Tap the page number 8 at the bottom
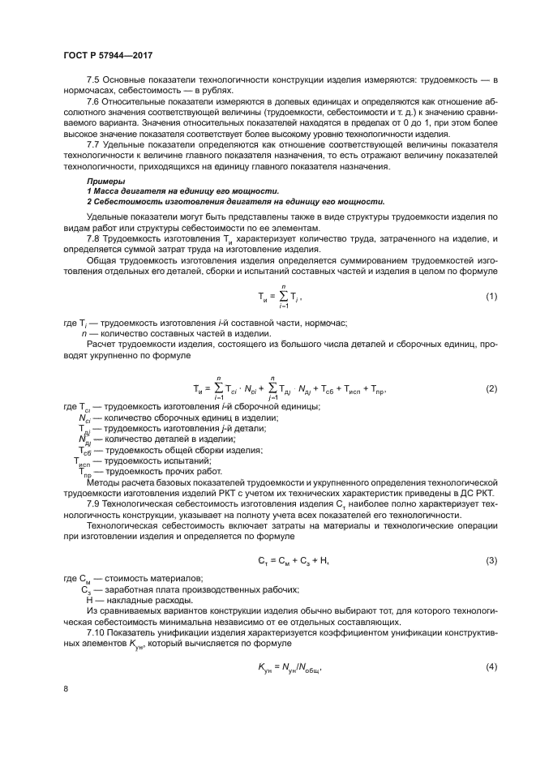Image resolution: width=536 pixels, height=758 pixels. [x=65, y=689]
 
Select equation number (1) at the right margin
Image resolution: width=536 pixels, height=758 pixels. [x=491, y=297]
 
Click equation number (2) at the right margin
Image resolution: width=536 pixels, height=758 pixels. [x=491, y=388]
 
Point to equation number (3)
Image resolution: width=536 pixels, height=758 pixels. [x=491, y=561]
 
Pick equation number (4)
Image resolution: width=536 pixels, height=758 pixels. [x=491, y=666]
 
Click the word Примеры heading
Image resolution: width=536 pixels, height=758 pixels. [x=106, y=181]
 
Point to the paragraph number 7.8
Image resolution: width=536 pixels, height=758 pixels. [x=93, y=239]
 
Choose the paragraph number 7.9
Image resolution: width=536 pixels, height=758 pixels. [x=93, y=503]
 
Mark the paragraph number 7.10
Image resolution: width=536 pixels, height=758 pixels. [x=96, y=632]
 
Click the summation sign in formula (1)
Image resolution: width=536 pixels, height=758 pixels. [x=283, y=297]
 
